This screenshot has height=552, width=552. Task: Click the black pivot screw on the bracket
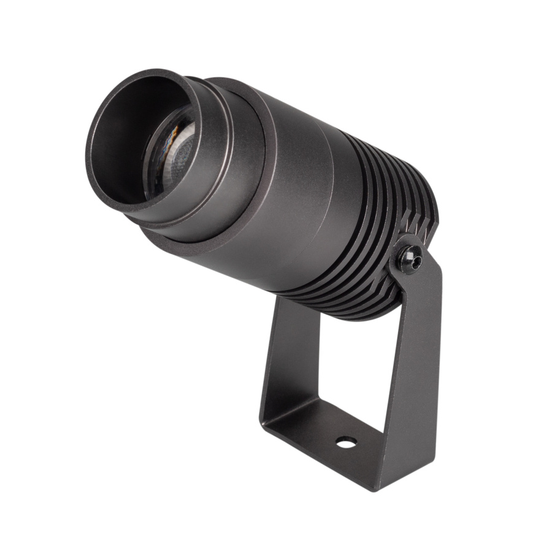410,259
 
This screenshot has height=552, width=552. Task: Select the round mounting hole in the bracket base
345,441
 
